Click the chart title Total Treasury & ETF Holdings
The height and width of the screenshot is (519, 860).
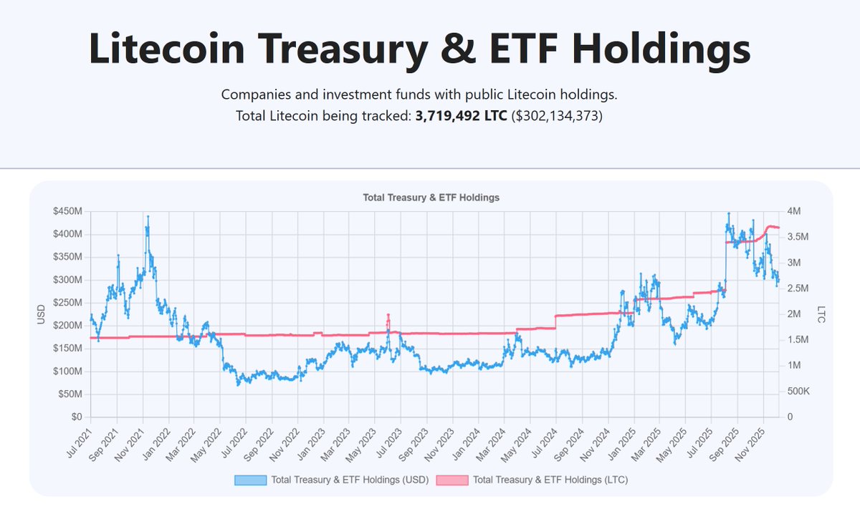point(431,198)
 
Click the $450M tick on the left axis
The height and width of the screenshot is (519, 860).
point(68,211)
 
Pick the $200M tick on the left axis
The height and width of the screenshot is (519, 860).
point(68,326)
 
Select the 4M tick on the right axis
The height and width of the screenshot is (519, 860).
point(796,211)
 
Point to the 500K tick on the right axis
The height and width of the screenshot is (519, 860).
point(800,392)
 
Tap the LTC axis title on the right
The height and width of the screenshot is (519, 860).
point(821,314)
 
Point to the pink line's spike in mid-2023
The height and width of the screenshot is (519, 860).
point(388,315)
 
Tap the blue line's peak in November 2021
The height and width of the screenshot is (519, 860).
point(148,216)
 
